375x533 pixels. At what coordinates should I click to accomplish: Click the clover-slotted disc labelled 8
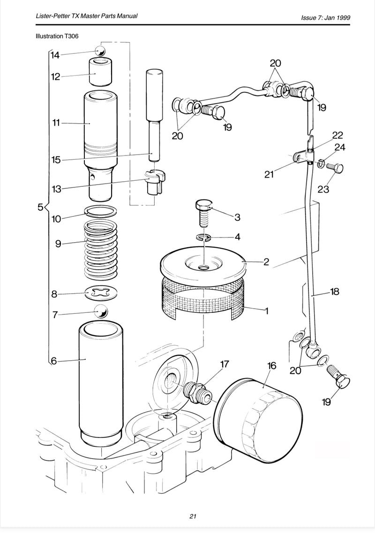coord(101,294)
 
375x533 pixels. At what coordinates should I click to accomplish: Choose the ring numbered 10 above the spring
coord(101,212)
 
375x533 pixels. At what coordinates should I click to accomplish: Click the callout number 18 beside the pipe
coord(334,292)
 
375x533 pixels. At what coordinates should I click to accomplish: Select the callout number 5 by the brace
coord(40,207)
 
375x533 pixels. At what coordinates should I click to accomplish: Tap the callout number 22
coord(337,135)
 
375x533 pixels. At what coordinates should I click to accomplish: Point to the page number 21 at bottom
coord(193,516)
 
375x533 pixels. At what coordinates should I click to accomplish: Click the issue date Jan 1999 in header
coord(339,18)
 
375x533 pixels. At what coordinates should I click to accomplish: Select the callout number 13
coord(57,189)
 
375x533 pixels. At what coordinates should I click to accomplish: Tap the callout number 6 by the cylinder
coord(53,361)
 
